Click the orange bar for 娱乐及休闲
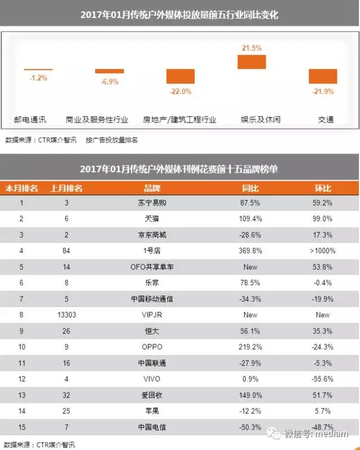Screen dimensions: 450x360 (251, 62)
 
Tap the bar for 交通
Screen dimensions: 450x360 (323, 76)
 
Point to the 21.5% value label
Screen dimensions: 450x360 (251, 48)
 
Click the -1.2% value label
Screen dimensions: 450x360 (38, 78)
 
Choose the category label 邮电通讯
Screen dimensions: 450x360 (31, 120)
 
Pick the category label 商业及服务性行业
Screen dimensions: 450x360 (97, 120)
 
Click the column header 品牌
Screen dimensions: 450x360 (152, 188)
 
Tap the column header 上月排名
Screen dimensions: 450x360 (66, 188)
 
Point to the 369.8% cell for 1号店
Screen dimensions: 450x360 (250, 250)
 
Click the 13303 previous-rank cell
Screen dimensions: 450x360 (66, 314)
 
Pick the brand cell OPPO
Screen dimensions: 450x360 (152, 346)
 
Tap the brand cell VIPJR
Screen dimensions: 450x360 (152, 314)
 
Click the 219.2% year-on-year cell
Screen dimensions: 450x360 (250, 346)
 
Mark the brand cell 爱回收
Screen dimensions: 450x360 (152, 395)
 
